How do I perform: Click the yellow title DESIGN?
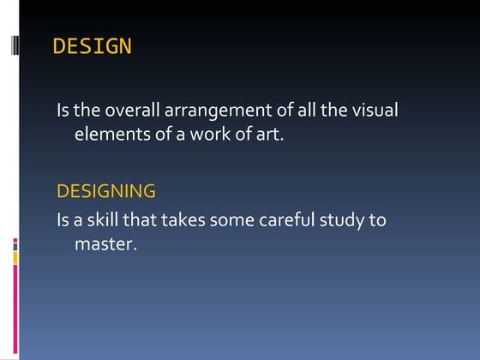[93, 46]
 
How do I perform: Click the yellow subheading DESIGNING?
[106, 190]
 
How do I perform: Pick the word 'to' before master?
[378, 220]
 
